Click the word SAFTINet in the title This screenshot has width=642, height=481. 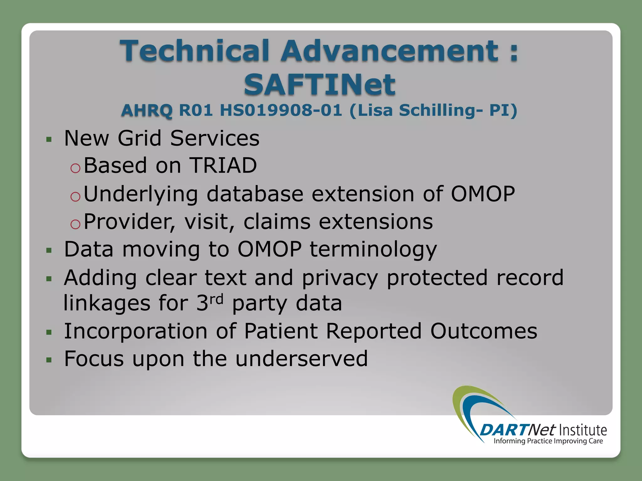pos(319,85)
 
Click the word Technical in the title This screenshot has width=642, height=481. pos(195,51)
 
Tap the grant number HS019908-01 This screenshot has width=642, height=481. pos(281,110)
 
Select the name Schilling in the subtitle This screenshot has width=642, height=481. pos(441,110)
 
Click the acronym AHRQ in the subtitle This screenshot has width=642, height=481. pos(147,110)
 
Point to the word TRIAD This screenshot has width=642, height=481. pos(224,165)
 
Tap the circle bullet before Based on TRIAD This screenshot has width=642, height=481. pos(76,168)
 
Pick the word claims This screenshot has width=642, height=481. pos(277,222)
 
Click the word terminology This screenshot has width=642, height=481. pos(373,250)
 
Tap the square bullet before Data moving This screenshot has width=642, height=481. pos(49,250)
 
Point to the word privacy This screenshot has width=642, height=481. pos(340,278)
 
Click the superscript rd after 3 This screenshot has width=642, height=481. pos(216,299)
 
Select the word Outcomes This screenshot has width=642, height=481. pos(483,331)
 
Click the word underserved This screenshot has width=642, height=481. pos(301,359)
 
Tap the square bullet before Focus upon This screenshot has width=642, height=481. pos(49,359)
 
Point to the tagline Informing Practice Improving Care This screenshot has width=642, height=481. pos(548,441)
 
